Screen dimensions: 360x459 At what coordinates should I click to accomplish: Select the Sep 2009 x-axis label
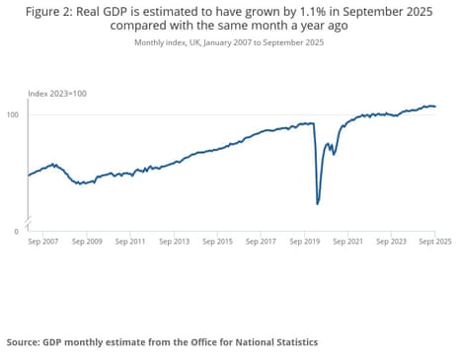[89, 240]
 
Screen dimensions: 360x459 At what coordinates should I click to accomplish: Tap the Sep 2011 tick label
[132, 240]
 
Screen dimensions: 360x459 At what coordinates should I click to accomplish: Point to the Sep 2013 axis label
[176, 240]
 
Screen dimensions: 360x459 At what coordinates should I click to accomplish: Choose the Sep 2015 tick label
[218, 240]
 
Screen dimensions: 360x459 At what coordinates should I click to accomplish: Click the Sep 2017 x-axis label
[262, 240]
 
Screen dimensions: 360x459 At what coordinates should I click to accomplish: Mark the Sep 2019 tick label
[305, 240]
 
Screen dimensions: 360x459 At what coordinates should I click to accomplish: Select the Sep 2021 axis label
[348, 240]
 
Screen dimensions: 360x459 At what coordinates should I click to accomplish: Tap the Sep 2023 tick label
[392, 240]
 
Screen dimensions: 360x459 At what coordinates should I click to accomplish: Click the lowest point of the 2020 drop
[317, 203]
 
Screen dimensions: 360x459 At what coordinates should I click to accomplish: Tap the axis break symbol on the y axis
[29, 218]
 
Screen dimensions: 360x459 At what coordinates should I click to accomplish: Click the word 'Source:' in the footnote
[22, 342]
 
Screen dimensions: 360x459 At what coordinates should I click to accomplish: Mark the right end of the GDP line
[435, 107]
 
